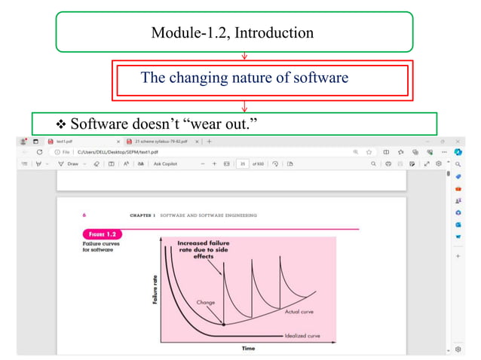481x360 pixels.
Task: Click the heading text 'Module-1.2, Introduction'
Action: click(x=232, y=33)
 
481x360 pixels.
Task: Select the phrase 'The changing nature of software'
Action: click(x=244, y=77)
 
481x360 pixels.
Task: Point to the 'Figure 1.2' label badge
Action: click(x=101, y=234)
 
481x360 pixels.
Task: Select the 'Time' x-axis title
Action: click(x=248, y=348)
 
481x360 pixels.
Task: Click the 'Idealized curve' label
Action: click(x=305, y=335)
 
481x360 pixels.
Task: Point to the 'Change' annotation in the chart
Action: click(x=206, y=302)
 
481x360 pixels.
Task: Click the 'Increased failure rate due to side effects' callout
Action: click(x=204, y=249)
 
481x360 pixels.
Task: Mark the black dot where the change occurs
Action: click(x=223, y=325)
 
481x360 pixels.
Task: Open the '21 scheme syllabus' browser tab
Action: click(x=163, y=141)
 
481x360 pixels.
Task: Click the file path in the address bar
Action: click(x=112, y=151)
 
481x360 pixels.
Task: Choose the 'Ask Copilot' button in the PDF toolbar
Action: click(x=168, y=163)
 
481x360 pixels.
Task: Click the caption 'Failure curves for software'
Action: click(x=98, y=248)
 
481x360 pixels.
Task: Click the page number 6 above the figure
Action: click(x=84, y=215)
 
